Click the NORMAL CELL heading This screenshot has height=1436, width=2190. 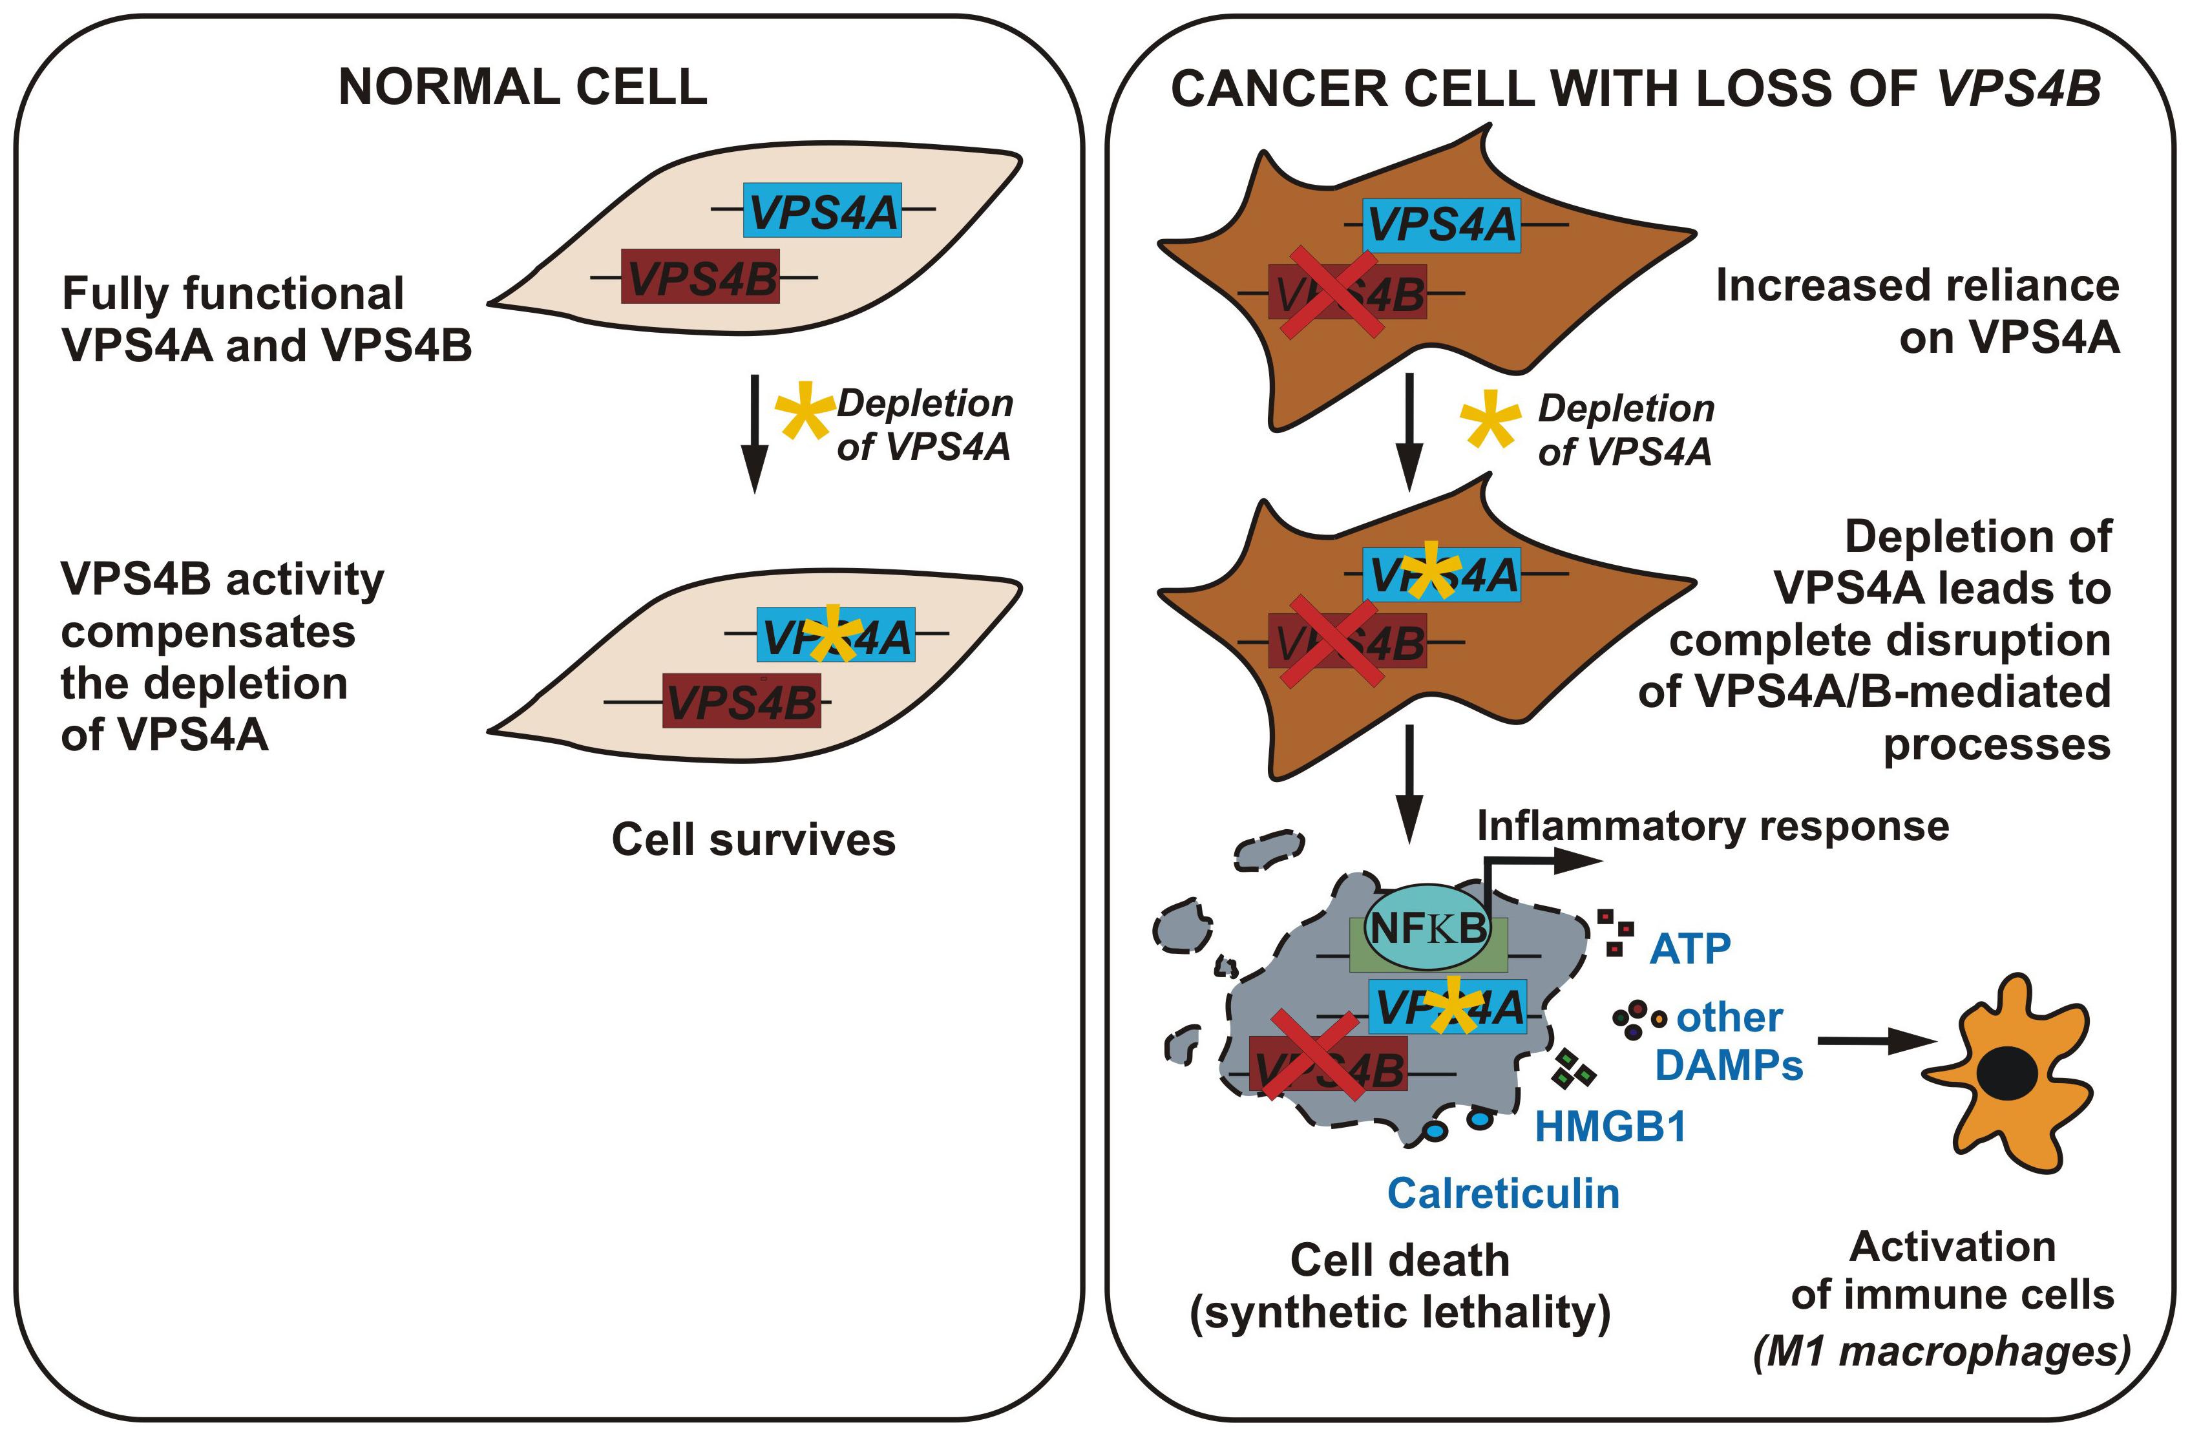523,87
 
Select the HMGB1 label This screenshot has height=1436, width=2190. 1610,1126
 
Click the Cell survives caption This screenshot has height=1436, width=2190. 753,839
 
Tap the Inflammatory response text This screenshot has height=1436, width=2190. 1712,826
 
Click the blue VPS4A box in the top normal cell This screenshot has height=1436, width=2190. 823,211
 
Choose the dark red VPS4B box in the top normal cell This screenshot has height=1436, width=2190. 701,276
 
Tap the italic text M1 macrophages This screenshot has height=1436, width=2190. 1942,1352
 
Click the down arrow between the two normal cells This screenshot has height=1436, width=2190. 755,432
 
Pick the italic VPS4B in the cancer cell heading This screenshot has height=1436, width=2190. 2020,89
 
